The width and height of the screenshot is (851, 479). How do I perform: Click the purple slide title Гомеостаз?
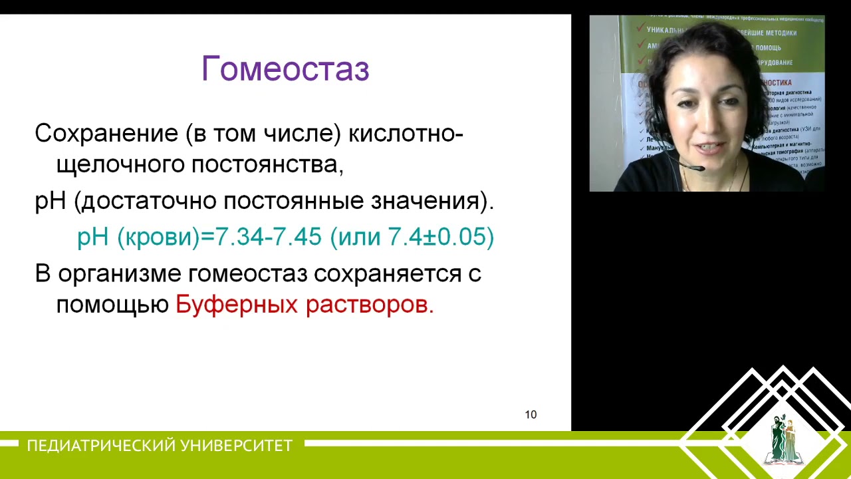tap(285, 69)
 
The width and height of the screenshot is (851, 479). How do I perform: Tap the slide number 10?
tap(531, 414)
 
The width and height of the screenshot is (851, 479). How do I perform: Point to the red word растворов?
tap(369, 305)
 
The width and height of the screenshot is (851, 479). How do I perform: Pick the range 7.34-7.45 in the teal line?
tap(269, 237)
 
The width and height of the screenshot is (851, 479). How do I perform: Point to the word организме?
tap(120, 273)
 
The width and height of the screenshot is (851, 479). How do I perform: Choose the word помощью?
tap(112, 305)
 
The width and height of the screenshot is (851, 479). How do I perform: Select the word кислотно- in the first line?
tap(406, 133)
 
